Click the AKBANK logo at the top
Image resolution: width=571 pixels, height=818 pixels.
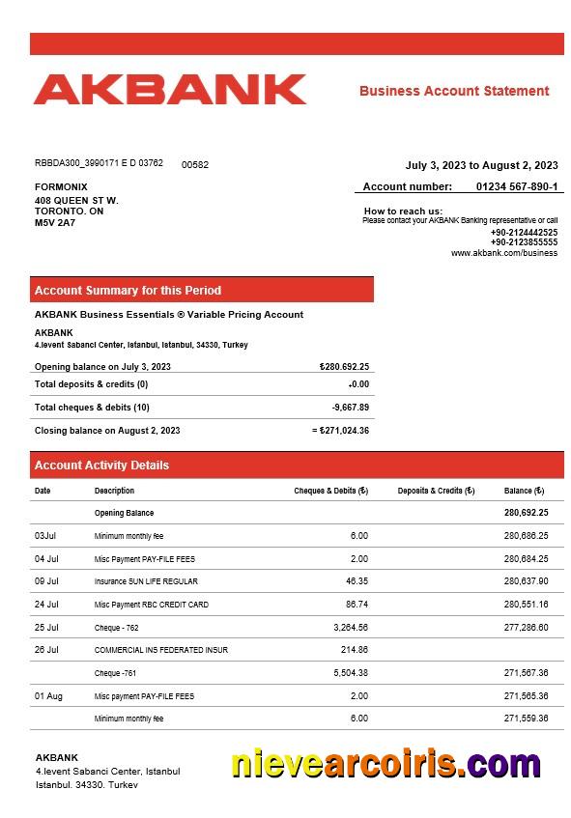click(x=170, y=90)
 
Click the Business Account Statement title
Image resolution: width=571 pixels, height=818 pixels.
click(x=454, y=91)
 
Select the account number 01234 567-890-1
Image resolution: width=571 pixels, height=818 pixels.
click(x=517, y=186)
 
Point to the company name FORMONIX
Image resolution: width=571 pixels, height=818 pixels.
click(x=61, y=186)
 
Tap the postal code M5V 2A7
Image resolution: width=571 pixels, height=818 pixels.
click(x=55, y=223)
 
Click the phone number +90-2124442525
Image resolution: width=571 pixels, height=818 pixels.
click(x=524, y=232)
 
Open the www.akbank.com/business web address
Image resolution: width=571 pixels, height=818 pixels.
click(x=504, y=253)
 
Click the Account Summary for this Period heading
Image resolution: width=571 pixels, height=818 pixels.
click(x=128, y=290)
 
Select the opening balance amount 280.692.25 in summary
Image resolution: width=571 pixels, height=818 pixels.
click(x=345, y=367)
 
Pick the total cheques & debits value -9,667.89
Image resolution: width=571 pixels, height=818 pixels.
click(x=350, y=408)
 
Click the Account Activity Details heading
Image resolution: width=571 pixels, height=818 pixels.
click(x=101, y=465)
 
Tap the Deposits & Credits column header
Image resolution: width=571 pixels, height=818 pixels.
click(x=436, y=491)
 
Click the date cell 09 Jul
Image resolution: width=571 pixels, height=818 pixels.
click(x=46, y=581)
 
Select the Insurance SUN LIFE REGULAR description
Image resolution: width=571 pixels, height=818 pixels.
click(x=146, y=581)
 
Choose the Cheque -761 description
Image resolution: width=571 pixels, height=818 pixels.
click(x=121, y=673)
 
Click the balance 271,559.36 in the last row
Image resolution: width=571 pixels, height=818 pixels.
click(x=526, y=719)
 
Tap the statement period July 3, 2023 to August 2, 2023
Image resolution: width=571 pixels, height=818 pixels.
click(x=481, y=165)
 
